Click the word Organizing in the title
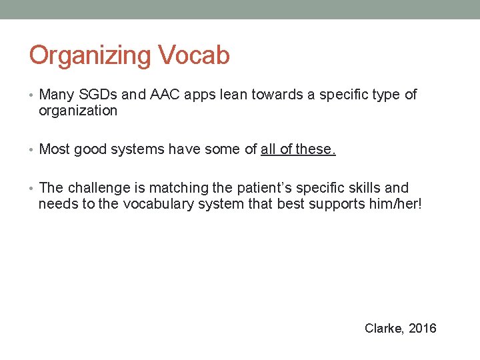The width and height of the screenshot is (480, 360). (91, 55)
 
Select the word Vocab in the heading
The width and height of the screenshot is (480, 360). (194, 55)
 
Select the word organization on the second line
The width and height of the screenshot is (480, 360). (78, 111)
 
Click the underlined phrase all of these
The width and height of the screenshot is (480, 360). (298, 149)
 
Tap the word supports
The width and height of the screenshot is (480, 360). (336, 204)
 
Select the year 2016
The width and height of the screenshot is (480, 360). (423, 328)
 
